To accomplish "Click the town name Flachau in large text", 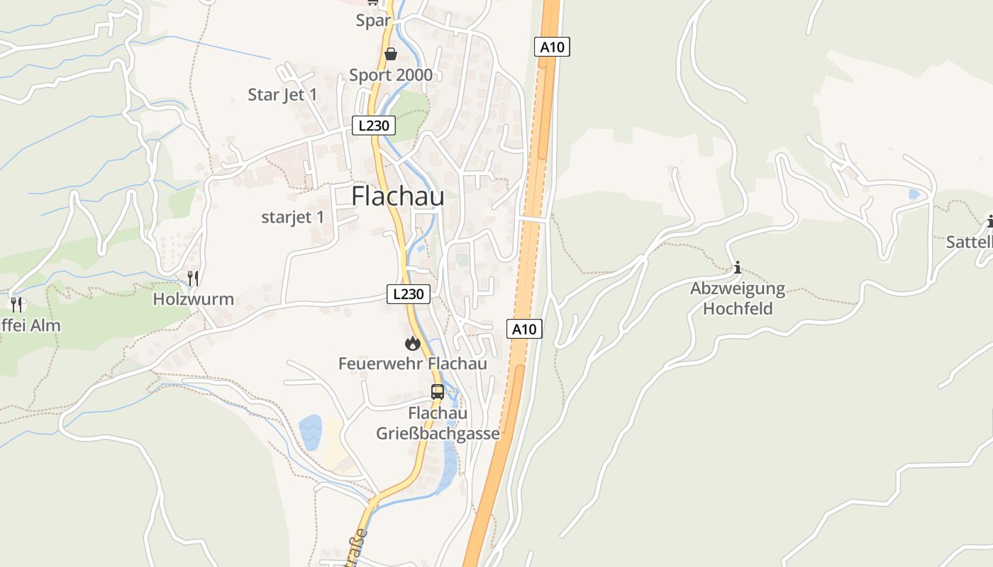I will [x=398, y=196].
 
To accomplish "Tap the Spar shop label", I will [x=373, y=21].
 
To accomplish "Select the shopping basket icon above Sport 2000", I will [x=390, y=54].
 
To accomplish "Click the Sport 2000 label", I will [x=391, y=76].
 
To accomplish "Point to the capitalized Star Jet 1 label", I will [x=282, y=95].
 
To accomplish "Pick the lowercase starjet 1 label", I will [x=292, y=218].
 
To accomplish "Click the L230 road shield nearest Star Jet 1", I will [x=374, y=126].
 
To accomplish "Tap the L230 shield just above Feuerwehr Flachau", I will [x=409, y=294].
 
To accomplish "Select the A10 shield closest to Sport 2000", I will [x=552, y=47].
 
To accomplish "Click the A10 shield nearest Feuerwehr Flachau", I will [x=524, y=329].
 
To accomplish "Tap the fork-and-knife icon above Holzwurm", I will [x=193, y=277].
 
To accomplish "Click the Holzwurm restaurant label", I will [x=194, y=299].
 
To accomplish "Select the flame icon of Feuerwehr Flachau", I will [x=412, y=344].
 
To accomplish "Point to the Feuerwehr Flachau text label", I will [x=412, y=364].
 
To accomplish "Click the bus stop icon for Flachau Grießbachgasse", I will [x=438, y=391].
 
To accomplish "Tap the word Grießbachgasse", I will [x=438, y=434].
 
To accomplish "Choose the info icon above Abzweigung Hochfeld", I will [x=738, y=267].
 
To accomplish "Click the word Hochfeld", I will [x=738, y=309].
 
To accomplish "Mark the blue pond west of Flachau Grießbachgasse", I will [x=311, y=432].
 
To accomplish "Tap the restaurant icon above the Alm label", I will [x=16, y=304].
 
